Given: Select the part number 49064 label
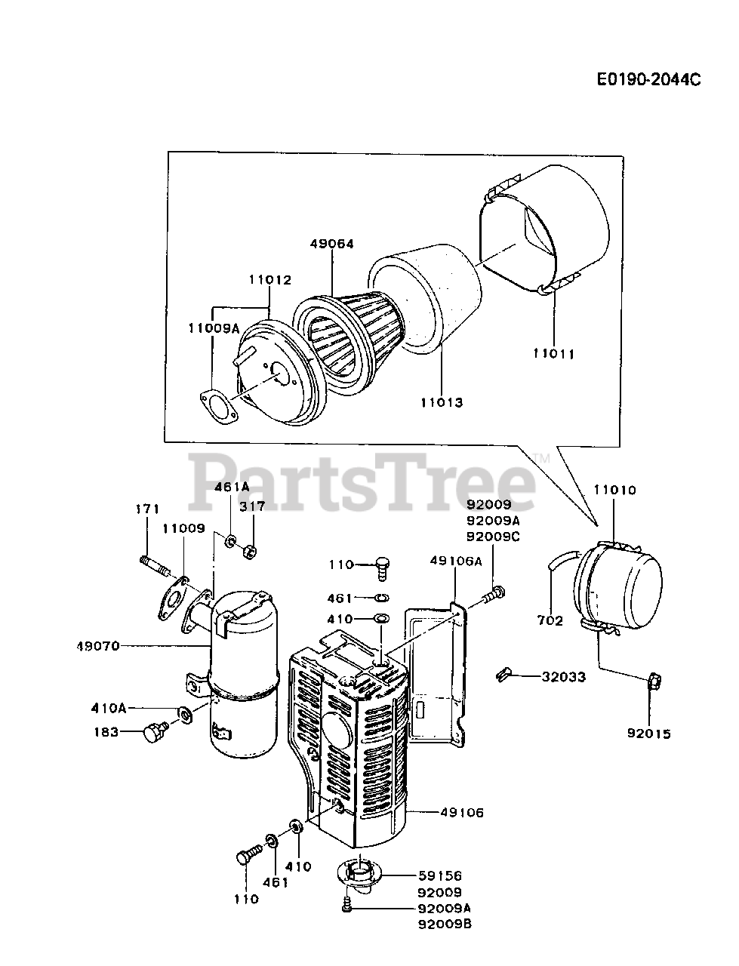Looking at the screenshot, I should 331,244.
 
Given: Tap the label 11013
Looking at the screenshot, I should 442,402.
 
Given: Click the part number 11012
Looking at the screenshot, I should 269,279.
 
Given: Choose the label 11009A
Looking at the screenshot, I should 214,328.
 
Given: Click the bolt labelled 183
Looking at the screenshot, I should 155,731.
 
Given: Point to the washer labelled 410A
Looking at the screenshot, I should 183,712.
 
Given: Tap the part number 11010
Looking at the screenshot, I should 614,490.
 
